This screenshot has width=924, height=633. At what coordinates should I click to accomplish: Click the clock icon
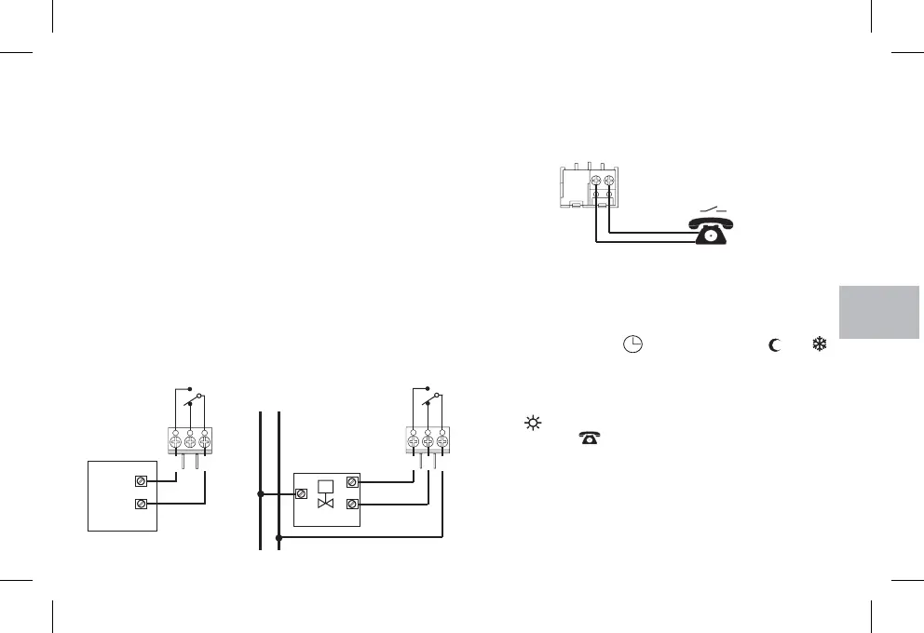[x=632, y=344]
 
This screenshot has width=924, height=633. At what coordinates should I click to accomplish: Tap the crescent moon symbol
[x=773, y=345]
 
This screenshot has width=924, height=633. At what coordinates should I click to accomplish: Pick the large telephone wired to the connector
[x=712, y=228]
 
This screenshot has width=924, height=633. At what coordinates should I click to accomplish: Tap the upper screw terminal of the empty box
[x=141, y=481]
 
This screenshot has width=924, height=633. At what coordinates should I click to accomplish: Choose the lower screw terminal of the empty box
[x=141, y=505]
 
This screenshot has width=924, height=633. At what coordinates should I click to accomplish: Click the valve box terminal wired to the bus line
[x=302, y=493]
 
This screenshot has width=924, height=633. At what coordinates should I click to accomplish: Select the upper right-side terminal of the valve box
[x=352, y=482]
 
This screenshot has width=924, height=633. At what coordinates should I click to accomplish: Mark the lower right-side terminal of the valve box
[x=352, y=505]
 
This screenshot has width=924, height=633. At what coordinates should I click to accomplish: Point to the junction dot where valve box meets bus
[x=261, y=493]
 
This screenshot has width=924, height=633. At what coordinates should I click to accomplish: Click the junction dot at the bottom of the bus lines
[x=279, y=537]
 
